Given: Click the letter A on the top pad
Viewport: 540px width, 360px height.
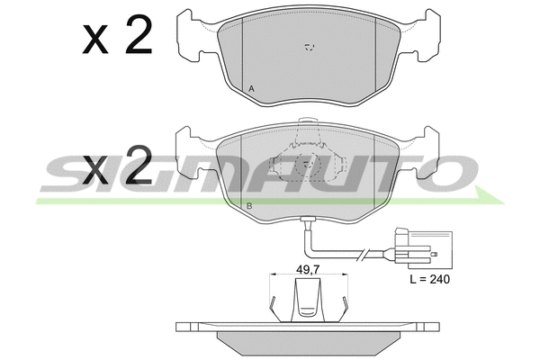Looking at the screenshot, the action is coord(251,89).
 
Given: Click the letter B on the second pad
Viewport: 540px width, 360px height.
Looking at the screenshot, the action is coord(249,206).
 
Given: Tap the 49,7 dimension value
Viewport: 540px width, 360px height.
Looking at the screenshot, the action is coord(308,269).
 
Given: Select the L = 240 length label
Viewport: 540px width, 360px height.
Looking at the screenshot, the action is coord(430,279).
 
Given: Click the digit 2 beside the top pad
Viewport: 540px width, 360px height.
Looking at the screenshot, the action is coord(139,34).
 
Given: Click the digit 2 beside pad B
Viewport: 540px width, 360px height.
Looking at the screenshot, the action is coord(139,165).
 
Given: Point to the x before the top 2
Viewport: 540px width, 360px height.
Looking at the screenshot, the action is coord(95,40).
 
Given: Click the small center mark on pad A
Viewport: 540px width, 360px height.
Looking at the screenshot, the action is coord(310,47).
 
